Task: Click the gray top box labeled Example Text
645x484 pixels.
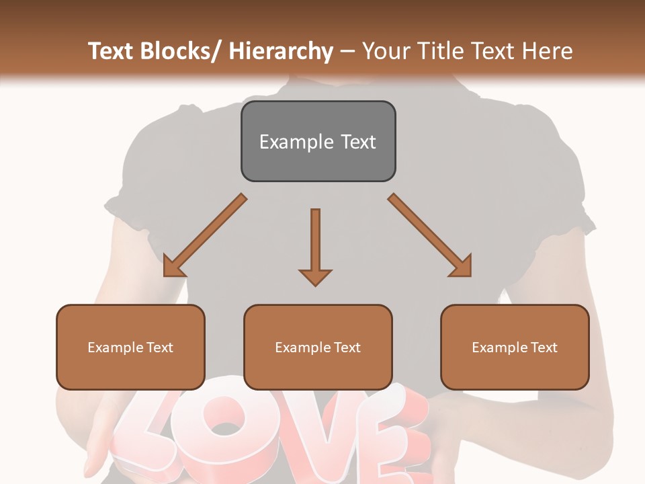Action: click(x=318, y=141)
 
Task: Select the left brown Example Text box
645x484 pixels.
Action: click(x=130, y=347)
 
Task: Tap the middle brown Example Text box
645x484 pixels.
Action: click(x=318, y=347)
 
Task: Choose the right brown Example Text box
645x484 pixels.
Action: click(x=515, y=347)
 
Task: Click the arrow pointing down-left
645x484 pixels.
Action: click(x=204, y=236)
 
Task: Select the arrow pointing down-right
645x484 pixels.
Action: click(x=430, y=236)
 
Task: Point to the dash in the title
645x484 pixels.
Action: click(x=347, y=51)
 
